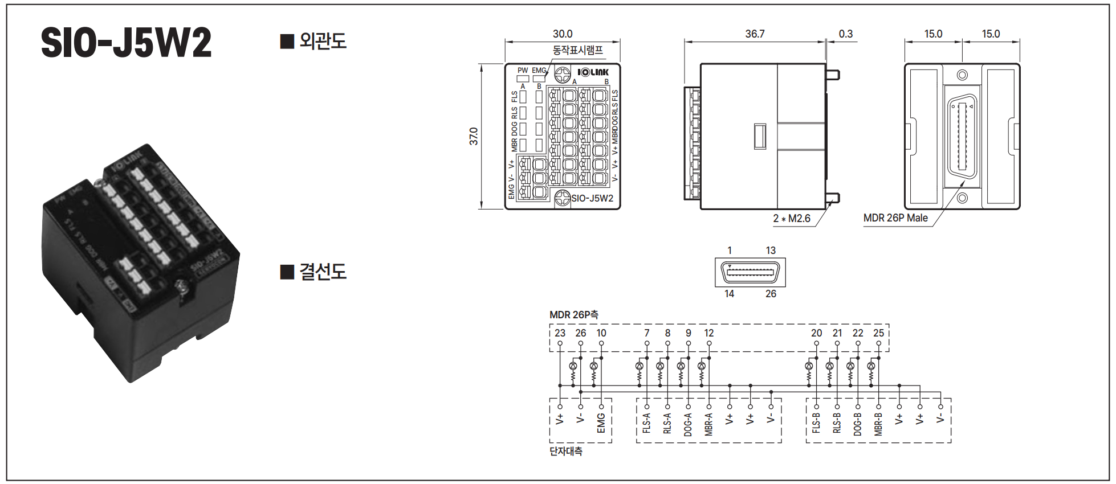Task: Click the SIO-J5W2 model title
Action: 126,43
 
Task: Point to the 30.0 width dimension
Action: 563,34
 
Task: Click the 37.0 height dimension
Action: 474,137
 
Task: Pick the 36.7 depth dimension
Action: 755,34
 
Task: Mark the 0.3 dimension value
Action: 846,34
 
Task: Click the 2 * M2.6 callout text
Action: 792,219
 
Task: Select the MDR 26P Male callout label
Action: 895,218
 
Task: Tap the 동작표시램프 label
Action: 577,50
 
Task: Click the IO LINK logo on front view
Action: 593,72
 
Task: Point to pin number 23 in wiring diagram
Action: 560,333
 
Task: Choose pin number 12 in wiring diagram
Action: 709,333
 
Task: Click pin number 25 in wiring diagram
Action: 878,333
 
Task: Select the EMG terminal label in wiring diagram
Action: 601,423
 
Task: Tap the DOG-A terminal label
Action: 688,425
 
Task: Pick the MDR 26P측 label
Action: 573,315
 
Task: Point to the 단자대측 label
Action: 566,451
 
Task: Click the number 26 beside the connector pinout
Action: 771,294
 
